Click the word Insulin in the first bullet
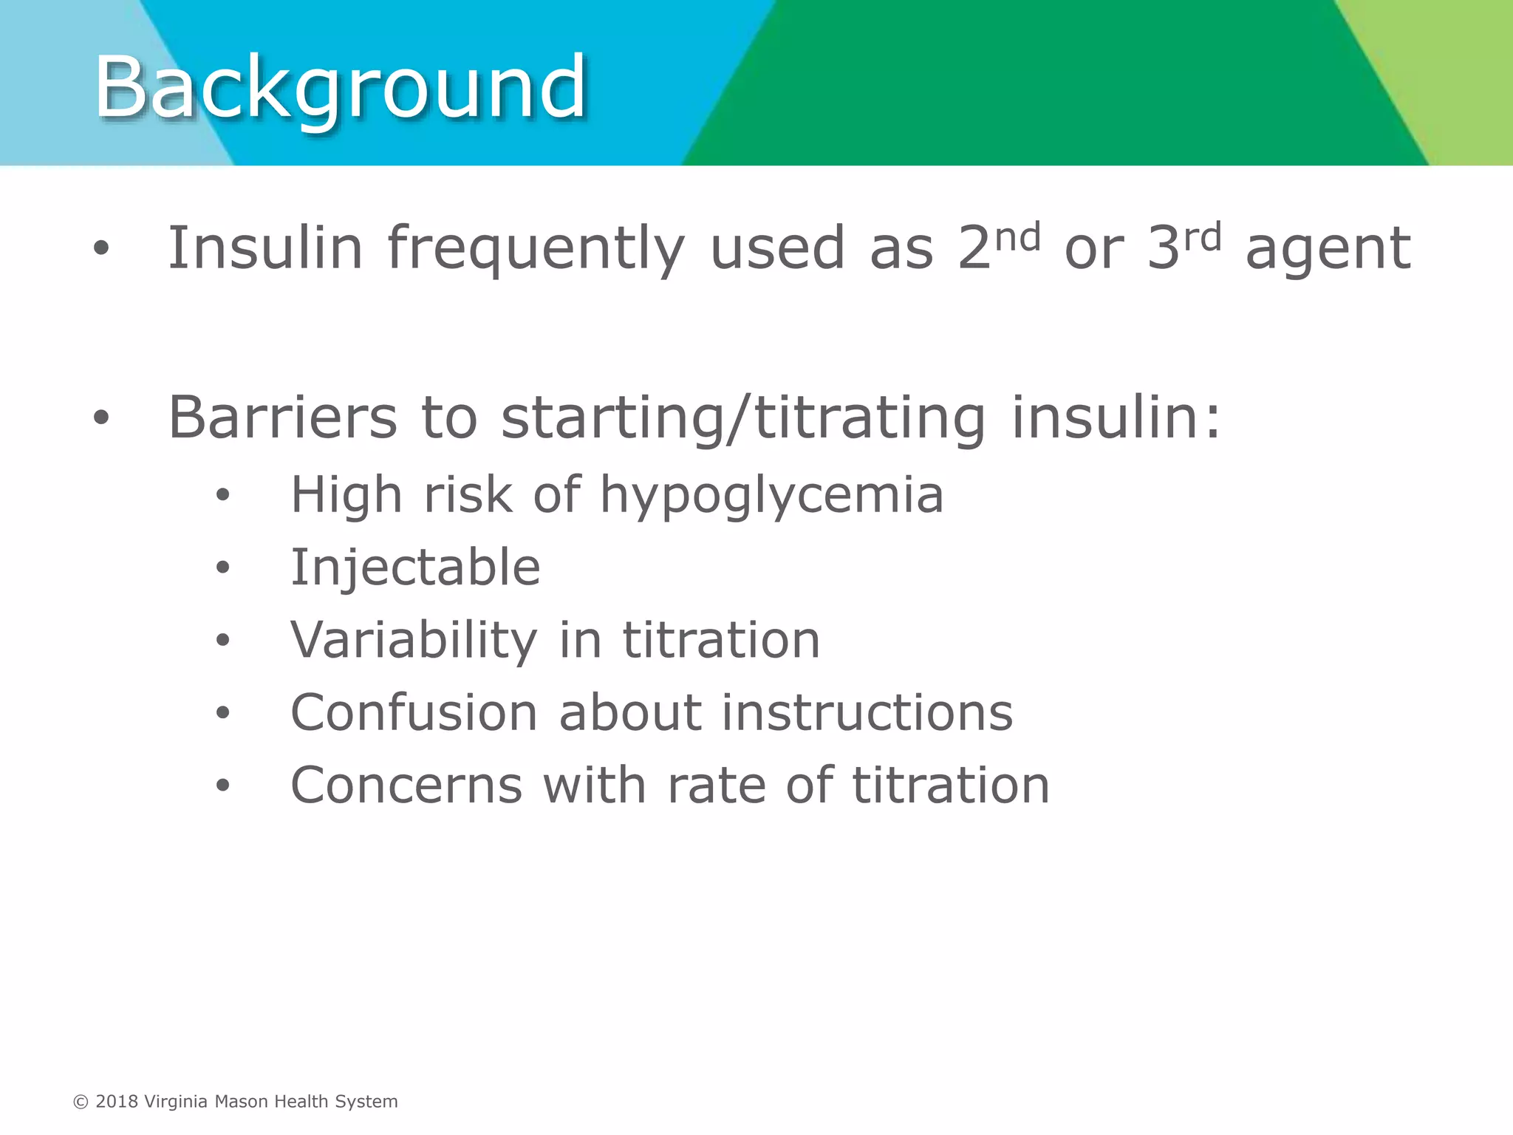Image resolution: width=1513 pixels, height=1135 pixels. click(265, 249)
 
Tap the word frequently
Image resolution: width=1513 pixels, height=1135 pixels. click(536, 249)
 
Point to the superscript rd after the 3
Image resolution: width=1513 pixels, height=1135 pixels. click(1202, 238)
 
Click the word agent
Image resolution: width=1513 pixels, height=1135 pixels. click(1328, 249)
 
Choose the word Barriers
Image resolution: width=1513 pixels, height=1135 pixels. click(283, 418)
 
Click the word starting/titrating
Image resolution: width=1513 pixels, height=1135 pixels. click(743, 418)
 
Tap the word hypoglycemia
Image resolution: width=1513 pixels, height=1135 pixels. click(772, 495)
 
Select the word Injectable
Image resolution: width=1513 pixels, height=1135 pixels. click(416, 567)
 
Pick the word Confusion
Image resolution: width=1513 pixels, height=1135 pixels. click(414, 713)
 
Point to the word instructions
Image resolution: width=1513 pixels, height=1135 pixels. click(867, 713)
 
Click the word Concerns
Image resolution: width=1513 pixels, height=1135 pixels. click(407, 785)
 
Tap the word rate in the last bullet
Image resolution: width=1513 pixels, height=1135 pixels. click(716, 785)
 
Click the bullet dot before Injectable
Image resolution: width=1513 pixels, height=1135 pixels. click(223, 568)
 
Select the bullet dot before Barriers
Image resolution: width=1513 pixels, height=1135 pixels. click(101, 418)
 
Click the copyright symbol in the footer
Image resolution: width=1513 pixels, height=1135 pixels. click(81, 1102)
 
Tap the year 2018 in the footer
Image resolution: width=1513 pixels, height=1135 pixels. click(117, 1102)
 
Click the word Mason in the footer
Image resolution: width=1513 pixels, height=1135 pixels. click(241, 1102)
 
